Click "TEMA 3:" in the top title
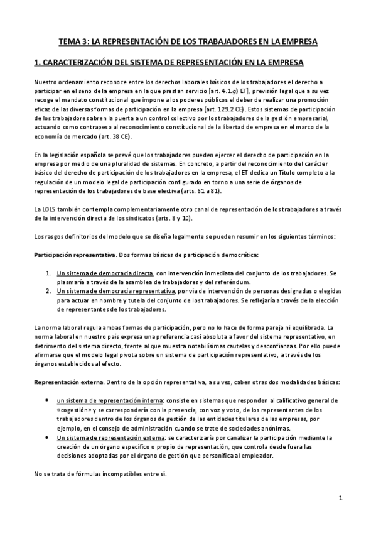pyautogui.click(x=73, y=41)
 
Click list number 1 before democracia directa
pyautogui.click(x=49, y=273)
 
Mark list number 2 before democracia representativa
pyautogui.click(x=49, y=292)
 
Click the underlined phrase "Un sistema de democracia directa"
pyautogui.click(x=105, y=273)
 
